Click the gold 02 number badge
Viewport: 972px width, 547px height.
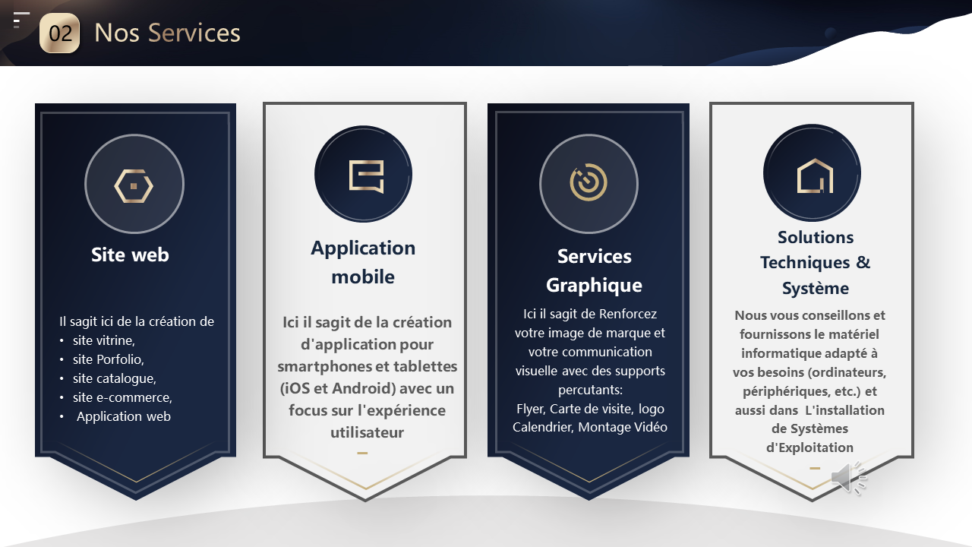[59, 33]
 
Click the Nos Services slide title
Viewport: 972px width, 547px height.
[167, 33]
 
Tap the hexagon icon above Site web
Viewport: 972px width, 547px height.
[134, 185]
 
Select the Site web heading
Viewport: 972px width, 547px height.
[130, 255]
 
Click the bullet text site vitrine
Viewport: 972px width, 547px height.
[103, 340]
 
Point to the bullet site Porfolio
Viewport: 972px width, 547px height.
[108, 359]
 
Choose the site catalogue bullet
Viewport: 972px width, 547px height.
[114, 378]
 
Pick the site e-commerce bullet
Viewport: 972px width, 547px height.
[122, 397]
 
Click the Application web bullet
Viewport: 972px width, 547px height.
[124, 416]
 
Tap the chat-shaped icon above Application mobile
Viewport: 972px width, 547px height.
[363, 175]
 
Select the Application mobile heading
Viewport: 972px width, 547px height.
[363, 262]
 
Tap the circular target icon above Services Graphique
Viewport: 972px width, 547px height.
[589, 183]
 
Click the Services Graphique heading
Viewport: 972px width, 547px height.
[594, 270]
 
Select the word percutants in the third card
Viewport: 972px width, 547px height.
[589, 390]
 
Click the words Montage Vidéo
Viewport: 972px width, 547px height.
[623, 427]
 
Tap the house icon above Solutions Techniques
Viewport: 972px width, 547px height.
[814, 175]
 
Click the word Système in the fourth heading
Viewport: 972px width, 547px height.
[816, 289]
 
